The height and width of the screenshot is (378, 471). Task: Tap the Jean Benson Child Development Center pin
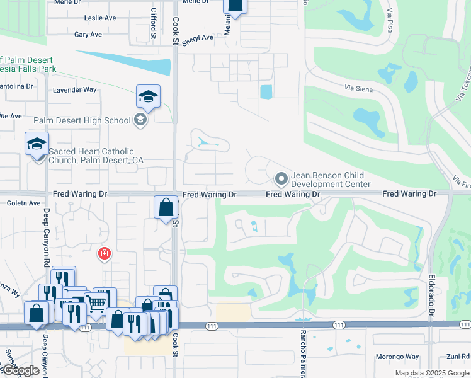(x=281, y=180)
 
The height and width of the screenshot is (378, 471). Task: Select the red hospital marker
(x=104, y=254)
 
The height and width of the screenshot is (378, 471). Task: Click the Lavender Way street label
(x=74, y=90)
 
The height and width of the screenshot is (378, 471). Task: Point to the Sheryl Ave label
(x=198, y=40)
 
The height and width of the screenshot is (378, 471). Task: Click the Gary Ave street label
(x=88, y=35)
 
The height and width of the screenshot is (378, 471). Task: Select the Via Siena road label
(x=360, y=89)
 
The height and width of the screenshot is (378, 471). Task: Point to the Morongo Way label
(x=397, y=357)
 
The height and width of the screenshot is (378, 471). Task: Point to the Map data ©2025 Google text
(x=432, y=373)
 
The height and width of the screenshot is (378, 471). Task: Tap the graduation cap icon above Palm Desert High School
(x=148, y=96)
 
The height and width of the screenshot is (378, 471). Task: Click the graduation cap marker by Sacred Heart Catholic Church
(x=37, y=144)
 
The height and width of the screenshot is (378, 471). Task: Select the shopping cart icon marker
(x=96, y=303)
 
